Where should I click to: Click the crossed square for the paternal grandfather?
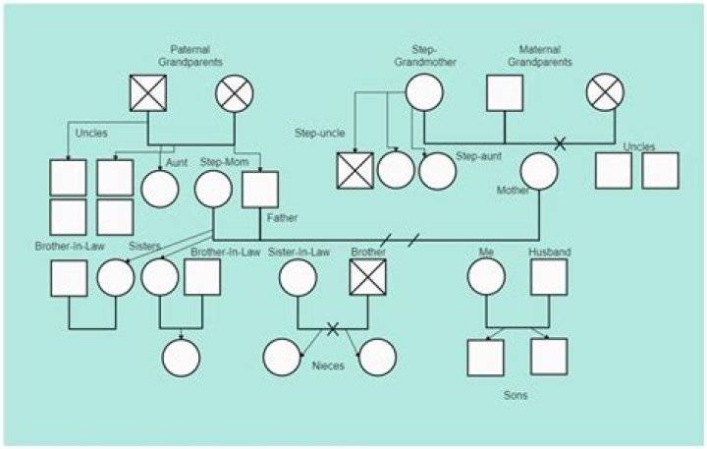(147, 93)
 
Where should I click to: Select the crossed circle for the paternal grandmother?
(234, 93)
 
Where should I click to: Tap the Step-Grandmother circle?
(423, 93)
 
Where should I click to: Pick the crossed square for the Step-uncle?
(354, 169)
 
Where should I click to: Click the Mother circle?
(538, 171)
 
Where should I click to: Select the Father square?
(259, 189)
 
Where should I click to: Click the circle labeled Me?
(485, 278)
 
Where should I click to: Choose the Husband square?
(549, 278)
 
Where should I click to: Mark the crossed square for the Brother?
(368, 278)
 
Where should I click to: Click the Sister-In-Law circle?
(298, 278)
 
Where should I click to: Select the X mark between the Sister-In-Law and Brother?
(334, 328)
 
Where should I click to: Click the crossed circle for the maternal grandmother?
(604, 93)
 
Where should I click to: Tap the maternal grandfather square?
(505, 93)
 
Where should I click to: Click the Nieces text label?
(329, 366)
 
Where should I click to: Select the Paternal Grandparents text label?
(190, 55)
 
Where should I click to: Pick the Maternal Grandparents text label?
(546, 55)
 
